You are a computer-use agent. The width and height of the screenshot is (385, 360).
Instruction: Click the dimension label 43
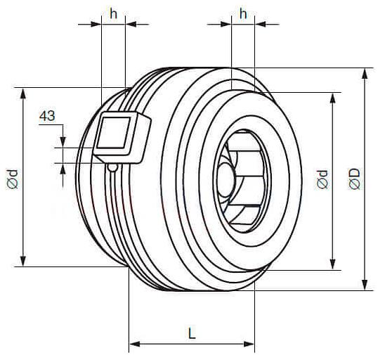click(x=47, y=116)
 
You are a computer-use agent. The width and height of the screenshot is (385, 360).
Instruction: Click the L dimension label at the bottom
click(x=192, y=333)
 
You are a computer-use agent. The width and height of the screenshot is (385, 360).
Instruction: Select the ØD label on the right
click(x=354, y=179)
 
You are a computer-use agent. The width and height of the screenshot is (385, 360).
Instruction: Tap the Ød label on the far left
click(x=12, y=179)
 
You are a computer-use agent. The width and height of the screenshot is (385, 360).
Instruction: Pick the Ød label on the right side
click(x=322, y=179)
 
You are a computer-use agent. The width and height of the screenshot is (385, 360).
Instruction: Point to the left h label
click(x=113, y=14)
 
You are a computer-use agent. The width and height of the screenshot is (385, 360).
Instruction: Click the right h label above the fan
click(x=243, y=14)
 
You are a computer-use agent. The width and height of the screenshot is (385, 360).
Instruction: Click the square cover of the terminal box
click(x=113, y=133)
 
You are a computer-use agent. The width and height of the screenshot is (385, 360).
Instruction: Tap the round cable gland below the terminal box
click(x=112, y=168)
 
